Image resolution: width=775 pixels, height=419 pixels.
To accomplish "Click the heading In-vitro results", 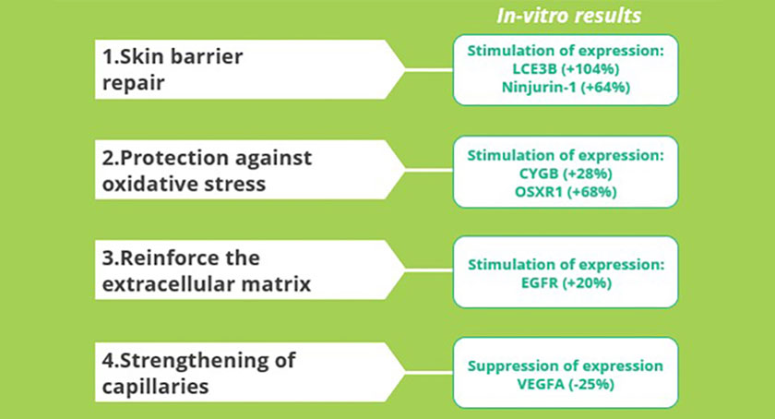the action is click(x=568, y=16).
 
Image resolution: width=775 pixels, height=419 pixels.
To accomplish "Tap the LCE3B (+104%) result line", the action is click(x=566, y=69).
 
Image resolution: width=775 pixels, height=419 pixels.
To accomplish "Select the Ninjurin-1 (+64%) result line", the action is click(x=566, y=87).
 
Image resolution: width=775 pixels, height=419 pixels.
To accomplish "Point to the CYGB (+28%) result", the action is click(x=566, y=174).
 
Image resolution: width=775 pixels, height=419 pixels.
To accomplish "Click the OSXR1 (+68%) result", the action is click(x=566, y=191).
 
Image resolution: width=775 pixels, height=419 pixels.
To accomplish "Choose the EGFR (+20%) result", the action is click(x=566, y=283).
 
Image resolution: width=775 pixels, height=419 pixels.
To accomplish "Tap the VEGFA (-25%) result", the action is click(x=566, y=384).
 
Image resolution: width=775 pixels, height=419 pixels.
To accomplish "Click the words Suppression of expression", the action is click(x=566, y=365).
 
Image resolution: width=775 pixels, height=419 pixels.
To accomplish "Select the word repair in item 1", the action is click(x=133, y=84).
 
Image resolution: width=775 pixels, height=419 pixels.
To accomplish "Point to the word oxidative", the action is click(x=149, y=184).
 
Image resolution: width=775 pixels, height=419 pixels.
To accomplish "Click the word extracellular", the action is click(x=169, y=284).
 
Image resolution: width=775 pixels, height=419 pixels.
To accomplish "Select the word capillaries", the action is click(x=155, y=387).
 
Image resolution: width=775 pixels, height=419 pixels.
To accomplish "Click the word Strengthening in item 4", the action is click(x=190, y=361).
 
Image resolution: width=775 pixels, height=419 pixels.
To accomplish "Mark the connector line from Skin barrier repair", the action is click(x=428, y=70).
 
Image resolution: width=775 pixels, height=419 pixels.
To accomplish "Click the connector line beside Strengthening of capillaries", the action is click(x=428, y=372).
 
